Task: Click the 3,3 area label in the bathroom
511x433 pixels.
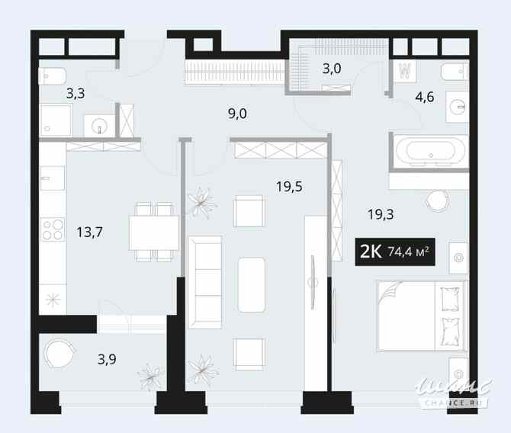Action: pos(76,95)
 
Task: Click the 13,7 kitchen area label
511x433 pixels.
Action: pos(90,226)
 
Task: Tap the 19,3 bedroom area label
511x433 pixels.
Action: pos(381,214)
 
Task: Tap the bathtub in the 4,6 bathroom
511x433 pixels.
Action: pos(427,150)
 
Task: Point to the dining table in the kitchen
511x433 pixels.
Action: pos(154,232)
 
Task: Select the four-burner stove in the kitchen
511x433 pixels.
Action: pos(53,229)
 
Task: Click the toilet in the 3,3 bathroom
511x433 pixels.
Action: pos(53,76)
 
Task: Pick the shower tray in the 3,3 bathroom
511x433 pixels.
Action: pos(56,120)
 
